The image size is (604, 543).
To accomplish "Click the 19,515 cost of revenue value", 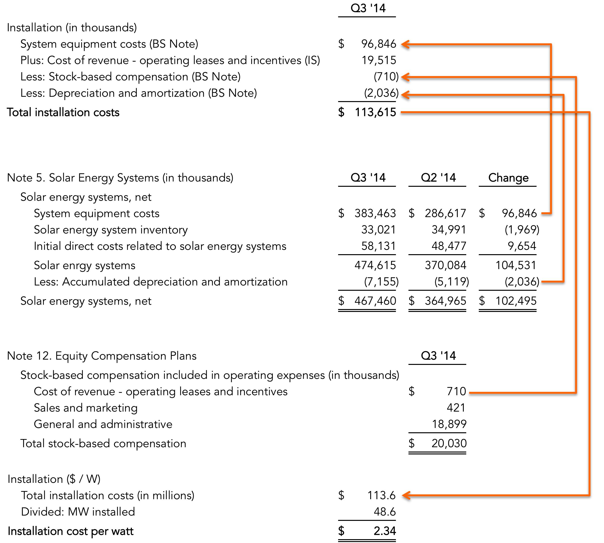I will [x=379, y=60].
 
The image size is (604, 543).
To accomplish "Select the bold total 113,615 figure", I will [x=375, y=112].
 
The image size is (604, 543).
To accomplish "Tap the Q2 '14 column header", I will [x=438, y=178].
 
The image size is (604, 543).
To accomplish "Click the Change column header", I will [x=508, y=178].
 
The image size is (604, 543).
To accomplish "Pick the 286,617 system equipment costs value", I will [x=445, y=213].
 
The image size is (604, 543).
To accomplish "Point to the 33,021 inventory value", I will [x=378, y=230].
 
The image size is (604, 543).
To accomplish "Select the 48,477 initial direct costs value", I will [x=449, y=246].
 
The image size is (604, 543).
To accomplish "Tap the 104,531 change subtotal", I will [x=516, y=265].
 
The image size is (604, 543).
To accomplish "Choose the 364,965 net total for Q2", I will [x=445, y=301].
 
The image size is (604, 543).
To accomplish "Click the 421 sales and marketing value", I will [x=456, y=407].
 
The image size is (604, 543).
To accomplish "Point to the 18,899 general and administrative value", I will [x=449, y=424].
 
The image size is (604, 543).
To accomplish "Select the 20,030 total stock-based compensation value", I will [x=449, y=443].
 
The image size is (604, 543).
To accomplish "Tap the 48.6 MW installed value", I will [x=385, y=512].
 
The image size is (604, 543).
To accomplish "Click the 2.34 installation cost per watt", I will [x=385, y=531].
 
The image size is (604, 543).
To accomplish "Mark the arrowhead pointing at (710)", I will [x=405, y=77].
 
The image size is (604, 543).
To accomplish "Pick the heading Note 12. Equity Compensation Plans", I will [x=102, y=356].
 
